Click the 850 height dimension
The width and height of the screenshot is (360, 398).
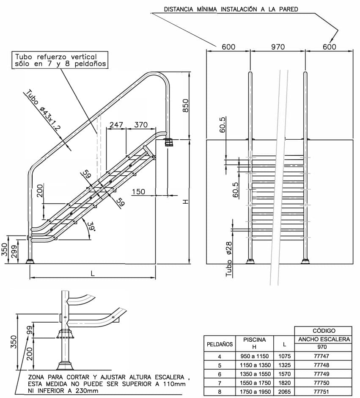click(x=185, y=105)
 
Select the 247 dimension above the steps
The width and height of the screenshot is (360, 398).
click(x=116, y=125)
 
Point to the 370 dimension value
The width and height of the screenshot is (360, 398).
click(x=141, y=125)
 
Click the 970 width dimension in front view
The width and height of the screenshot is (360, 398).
click(x=278, y=47)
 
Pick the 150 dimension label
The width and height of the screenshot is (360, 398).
click(x=138, y=192)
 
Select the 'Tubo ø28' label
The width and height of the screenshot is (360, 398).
click(x=229, y=258)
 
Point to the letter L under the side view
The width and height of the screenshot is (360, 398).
click(x=92, y=273)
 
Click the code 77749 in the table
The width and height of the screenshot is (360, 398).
click(x=322, y=374)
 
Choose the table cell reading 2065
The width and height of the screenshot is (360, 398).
click(x=284, y=392)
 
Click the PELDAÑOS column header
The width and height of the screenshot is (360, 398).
click(x=220, y=344)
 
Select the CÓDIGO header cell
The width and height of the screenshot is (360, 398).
click(x=324, y=330)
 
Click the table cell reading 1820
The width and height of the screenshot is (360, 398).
click(x=284, y=383)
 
